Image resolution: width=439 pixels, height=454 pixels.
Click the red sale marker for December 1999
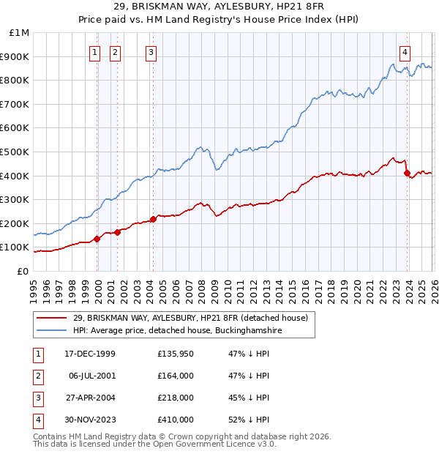pyautogui.click(x=97, y=239)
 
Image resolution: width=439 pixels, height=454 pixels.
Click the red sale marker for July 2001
pyautogui.click(x=117, y=232)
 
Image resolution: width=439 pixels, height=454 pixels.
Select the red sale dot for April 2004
pyautogui.click(x=153, y=219)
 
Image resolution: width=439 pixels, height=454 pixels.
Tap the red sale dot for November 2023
pyautogui.click(x=407, y=174)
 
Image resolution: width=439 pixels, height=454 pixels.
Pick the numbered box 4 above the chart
pyautogui.click(x=405, y=51)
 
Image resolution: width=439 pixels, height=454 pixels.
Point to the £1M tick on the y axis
pyautogui.click(x=20, y=33)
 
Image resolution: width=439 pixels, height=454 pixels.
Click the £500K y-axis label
pyautogui.click(x=16, y=152)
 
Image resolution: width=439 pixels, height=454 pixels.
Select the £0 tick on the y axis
pyautogui.click(x=22, y=271)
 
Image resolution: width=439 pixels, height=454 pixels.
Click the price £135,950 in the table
pyautogui.click(x=176, y=354)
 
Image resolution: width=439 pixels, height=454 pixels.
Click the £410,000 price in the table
pyautogui.click(x=176, y=420)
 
